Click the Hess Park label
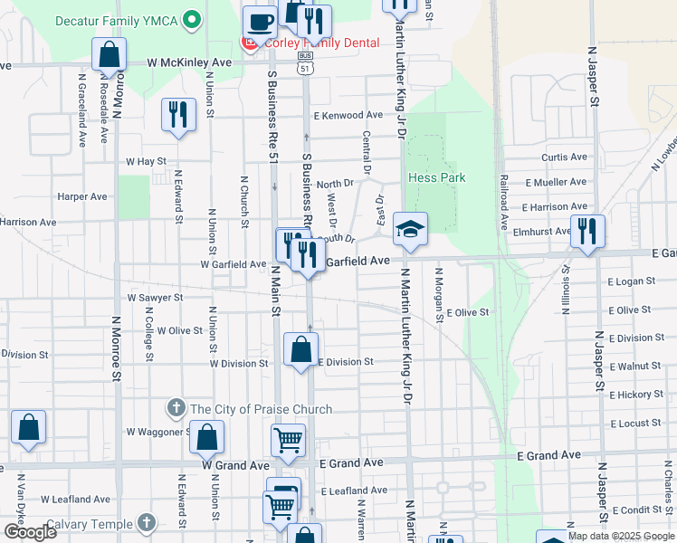(436, 177)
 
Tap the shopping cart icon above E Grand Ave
(288, 441)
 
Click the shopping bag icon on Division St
(300, 349)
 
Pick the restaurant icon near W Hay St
(177, 115)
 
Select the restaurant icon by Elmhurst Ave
(586, 232)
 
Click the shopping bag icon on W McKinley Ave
(109, 55)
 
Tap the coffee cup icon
(260, 20)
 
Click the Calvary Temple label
(90, 524)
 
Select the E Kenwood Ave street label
(348, 116)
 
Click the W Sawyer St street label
(155, 297)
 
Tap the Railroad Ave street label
(501, 208)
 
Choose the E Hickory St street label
(636, 395)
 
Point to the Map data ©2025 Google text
(622, 536)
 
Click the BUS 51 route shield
(305, 61)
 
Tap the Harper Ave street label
(81, 196)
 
